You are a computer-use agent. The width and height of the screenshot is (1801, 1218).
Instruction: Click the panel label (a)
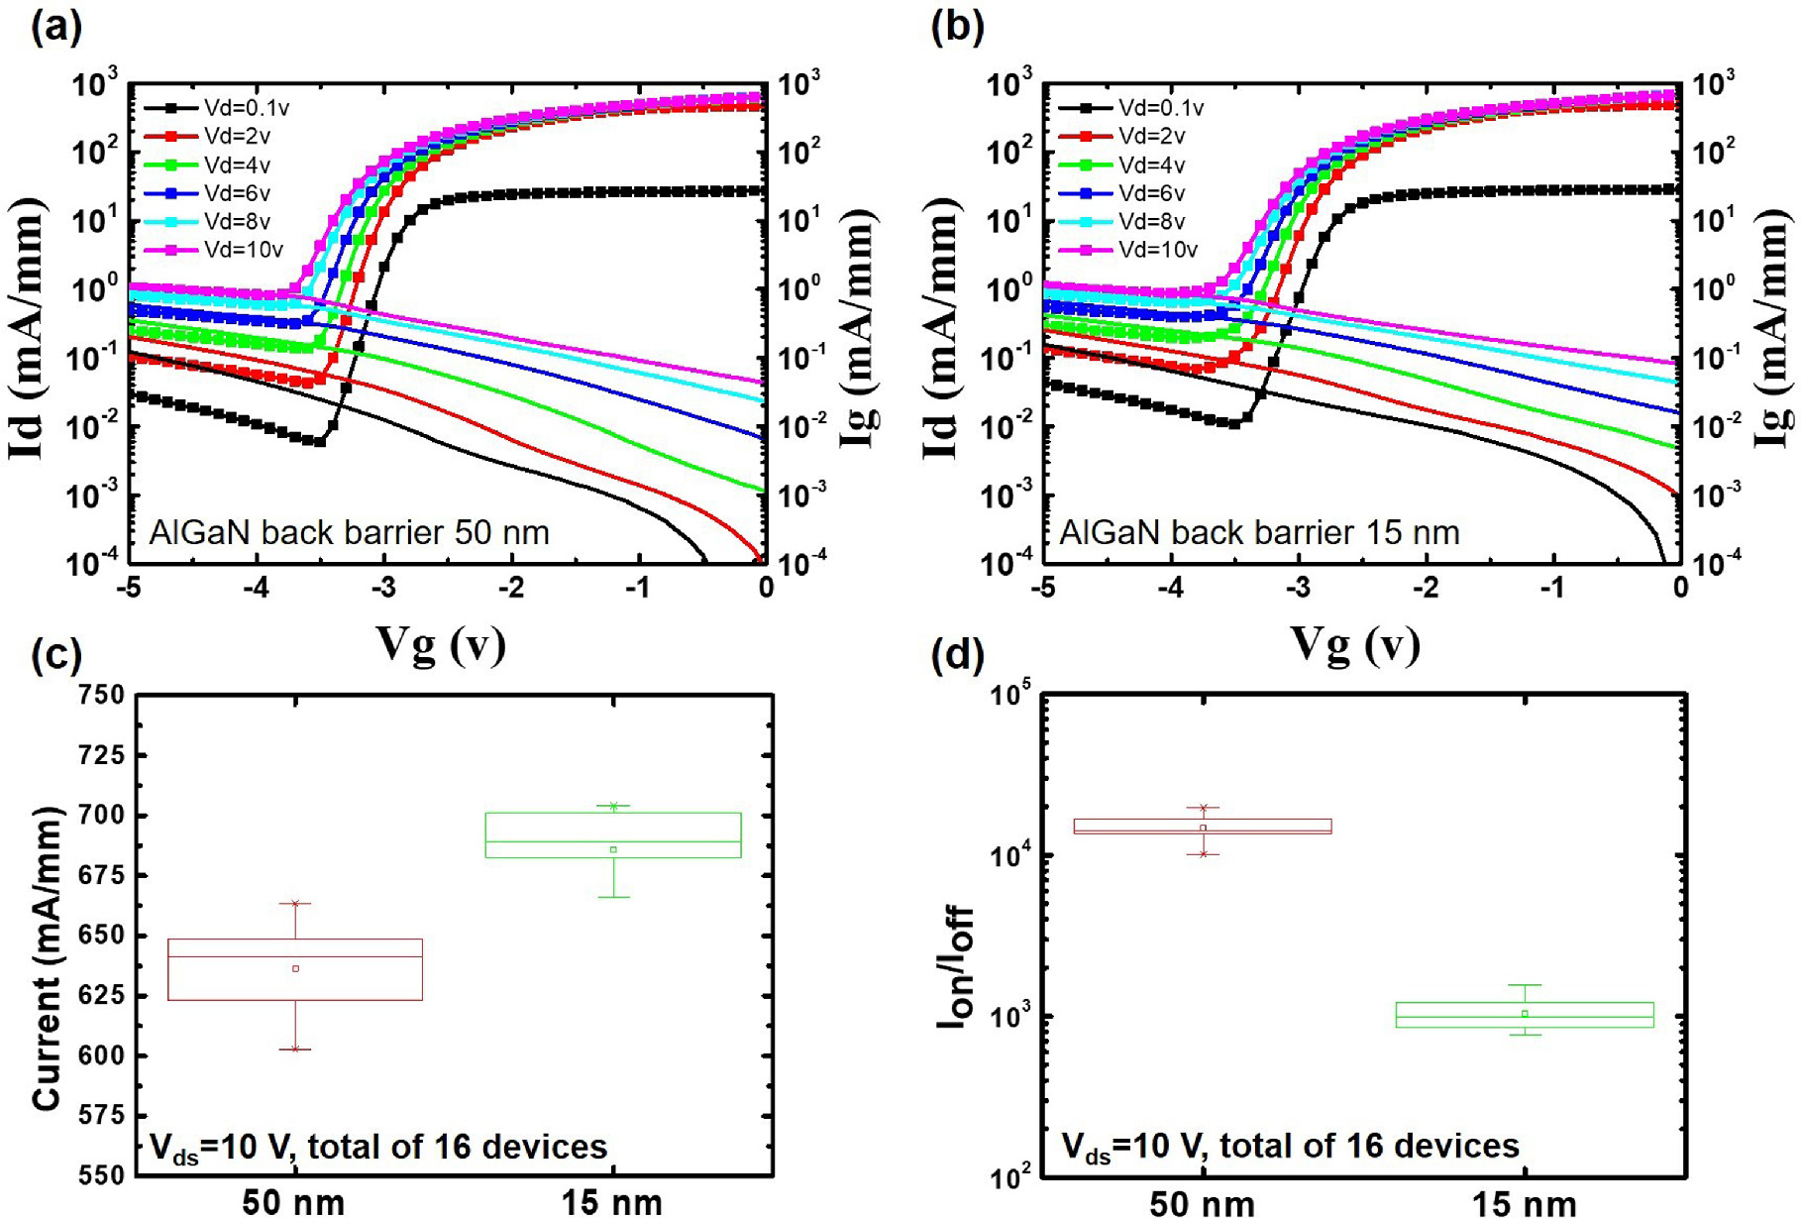tap(56, 27)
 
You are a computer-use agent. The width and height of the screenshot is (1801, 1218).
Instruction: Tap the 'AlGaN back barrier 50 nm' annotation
tap(349, 532)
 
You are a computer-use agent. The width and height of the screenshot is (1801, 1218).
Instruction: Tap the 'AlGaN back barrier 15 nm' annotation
tap(1259, 532)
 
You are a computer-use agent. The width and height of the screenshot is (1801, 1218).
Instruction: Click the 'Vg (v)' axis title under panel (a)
tap(441, 645)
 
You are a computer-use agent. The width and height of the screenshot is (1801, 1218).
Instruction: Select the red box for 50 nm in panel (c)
tap(295, 969)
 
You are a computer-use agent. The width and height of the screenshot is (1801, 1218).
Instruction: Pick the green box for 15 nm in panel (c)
tap(613, 834)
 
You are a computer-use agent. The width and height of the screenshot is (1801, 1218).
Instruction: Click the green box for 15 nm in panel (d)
tap(1524, 1015)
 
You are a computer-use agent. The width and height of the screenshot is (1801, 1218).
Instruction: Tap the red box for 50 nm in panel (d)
tap(1202, 827)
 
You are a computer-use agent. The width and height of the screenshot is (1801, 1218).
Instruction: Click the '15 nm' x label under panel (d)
tap(1524, 1203)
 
